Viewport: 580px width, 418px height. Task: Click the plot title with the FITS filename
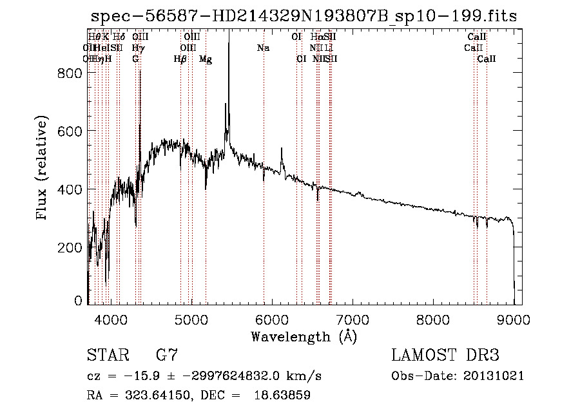click(303, 16)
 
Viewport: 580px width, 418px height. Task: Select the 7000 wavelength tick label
click(352, 318)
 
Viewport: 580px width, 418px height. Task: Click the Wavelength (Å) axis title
click(303, 336)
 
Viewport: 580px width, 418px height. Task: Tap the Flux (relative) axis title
click(43, 169)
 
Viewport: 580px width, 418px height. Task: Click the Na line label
click(263, 48)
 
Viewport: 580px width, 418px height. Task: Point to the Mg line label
click(205, 59)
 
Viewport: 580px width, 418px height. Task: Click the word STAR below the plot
click(107, 356)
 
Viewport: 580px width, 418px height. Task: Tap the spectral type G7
click(167, 356)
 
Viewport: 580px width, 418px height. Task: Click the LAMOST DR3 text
click(445, 356)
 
